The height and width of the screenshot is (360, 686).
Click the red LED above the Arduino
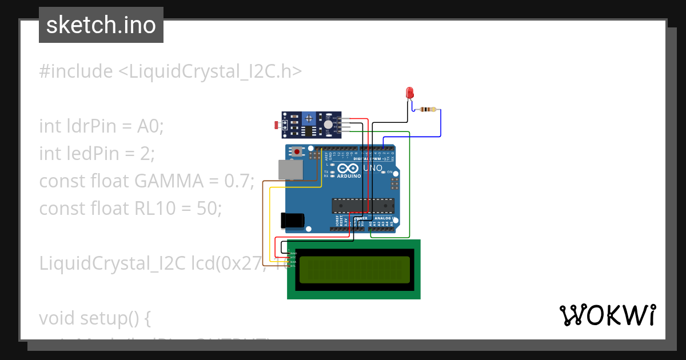409,93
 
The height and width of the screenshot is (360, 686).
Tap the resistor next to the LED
427,109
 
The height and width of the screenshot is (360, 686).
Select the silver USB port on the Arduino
291,170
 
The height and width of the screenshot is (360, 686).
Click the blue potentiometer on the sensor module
309,118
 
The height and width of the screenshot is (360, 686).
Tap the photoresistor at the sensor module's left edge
278,125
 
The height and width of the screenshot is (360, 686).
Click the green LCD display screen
354,270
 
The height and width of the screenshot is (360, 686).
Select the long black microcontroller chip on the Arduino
363,205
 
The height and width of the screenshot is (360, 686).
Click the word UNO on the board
374,168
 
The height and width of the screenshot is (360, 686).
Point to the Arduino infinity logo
349,169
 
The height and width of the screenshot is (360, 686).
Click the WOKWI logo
607,315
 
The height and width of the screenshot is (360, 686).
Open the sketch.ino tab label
101,25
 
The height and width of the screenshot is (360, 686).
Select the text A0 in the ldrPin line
150,126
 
